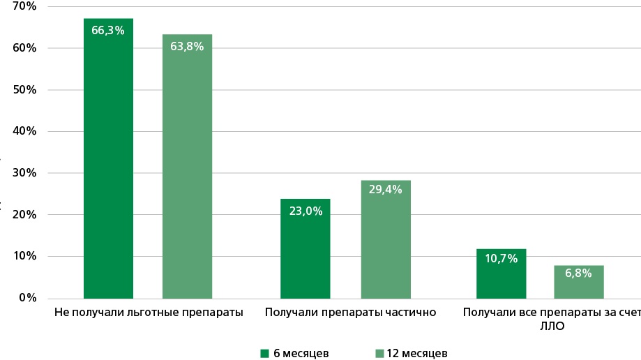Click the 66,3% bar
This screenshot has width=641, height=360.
(108, 160)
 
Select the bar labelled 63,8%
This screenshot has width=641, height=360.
(187, 167)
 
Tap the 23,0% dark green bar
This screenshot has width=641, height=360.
(306, 251)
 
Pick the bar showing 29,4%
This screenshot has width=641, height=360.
(386, 241)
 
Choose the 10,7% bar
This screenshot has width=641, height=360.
(501, 276)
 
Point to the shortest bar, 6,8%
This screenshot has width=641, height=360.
(579, 283)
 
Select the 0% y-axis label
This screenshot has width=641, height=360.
(27, 298)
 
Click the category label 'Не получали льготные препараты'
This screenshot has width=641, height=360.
(149, 313)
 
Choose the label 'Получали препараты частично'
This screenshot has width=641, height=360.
(350, 313)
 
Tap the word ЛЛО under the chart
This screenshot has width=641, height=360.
(551, 326)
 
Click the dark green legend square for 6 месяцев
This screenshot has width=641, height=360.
(264, 353)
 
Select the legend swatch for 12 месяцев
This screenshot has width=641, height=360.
(379, 353)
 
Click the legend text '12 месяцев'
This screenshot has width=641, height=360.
(416, 353)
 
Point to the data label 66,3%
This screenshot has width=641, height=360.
(108, 30)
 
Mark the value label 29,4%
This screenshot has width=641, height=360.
(386, 189)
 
